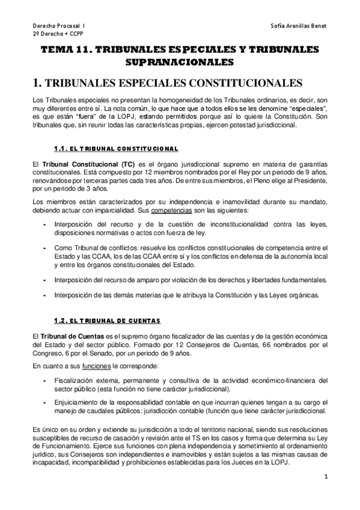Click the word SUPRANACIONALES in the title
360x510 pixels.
pos(179,63)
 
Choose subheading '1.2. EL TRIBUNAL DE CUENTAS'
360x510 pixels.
pos(107,320)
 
